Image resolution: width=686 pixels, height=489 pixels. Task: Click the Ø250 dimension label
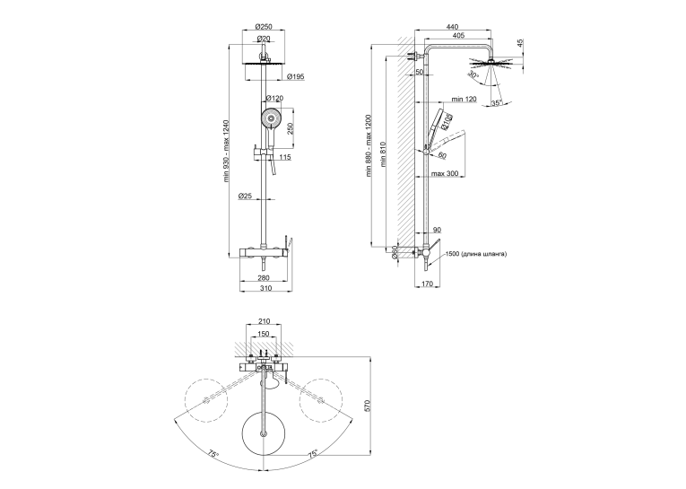[264, 26]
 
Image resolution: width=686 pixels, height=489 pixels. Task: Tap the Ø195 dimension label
[295, 77]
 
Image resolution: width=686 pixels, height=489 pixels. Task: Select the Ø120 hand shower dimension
[274, 98]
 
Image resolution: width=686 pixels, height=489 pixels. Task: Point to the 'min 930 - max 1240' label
[226, 151]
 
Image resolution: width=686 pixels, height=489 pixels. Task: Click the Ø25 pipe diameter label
[245, 196]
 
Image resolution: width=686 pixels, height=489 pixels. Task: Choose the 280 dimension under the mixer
[264, 277]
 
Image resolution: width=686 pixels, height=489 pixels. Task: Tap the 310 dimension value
[265, 288]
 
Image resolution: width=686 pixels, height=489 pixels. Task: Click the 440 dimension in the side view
[452, 27]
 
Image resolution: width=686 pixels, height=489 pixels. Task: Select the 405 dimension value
[458, 36]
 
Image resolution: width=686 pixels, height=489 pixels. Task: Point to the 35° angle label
[496, 103]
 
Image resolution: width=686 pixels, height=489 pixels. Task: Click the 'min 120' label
[464, 100]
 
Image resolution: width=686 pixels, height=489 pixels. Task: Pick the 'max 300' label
[445, 174]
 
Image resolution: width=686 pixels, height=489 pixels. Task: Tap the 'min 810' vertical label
[384, 154]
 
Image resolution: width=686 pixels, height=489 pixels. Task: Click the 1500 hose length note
[476, 254]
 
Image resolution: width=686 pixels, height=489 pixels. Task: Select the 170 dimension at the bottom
[427, 284]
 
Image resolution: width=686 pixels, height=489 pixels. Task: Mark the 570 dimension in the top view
[368, 406]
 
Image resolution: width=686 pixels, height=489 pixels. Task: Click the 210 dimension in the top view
[264, 321]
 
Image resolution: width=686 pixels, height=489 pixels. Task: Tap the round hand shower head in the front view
[271, 118]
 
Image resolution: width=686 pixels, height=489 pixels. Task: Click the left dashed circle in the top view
[206, 399]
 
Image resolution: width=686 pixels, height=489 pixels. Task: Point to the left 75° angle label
[213, 454]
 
